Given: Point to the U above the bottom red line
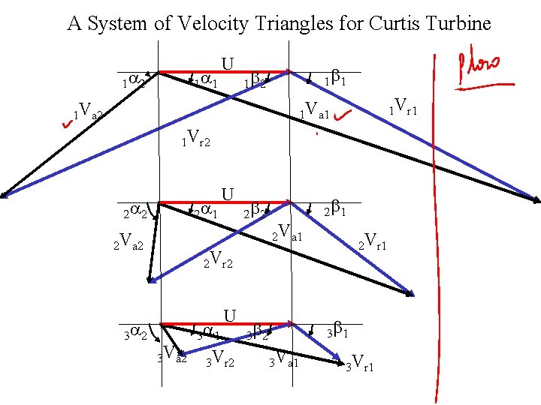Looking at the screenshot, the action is coord(230,315).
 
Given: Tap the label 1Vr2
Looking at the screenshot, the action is coord(196,138).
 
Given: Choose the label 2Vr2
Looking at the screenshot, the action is coord(219,260).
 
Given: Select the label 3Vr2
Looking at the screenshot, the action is coord(221,358).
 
